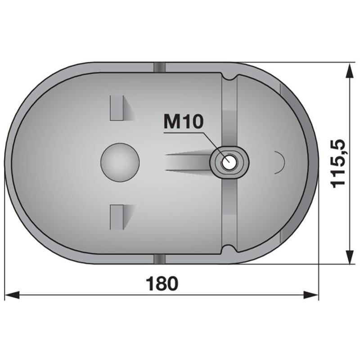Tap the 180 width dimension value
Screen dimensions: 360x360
pyautogui.click(x=162, y=283)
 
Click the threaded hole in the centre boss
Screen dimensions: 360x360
pyautogui.click(x=229, y=161)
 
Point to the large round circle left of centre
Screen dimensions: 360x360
pyautogui.click(x=120, y=162)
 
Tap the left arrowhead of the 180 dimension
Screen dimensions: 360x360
pyautogui.click(x=11, y=295)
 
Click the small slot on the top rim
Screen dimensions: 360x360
pyautogui.click(x=159, y=67)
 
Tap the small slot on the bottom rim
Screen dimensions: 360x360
pyautogui.click(x=159, y=259)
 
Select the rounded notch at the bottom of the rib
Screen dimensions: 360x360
pyautogui.click(x=229, y=248)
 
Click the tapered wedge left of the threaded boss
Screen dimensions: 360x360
pyautogui.click(x=189, y=161)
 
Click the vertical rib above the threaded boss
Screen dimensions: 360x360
pyautogui.click(x=229, y=112)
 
